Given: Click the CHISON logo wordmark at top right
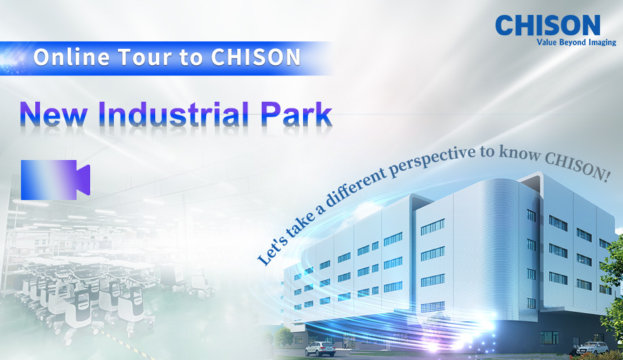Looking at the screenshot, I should click(548, 25).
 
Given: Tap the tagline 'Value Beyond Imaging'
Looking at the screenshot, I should click(576, 43).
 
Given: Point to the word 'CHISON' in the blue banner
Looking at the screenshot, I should click(256, 58).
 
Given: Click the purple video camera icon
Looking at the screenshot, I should click(55, 180).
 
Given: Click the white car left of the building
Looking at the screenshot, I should click(319, 348).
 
